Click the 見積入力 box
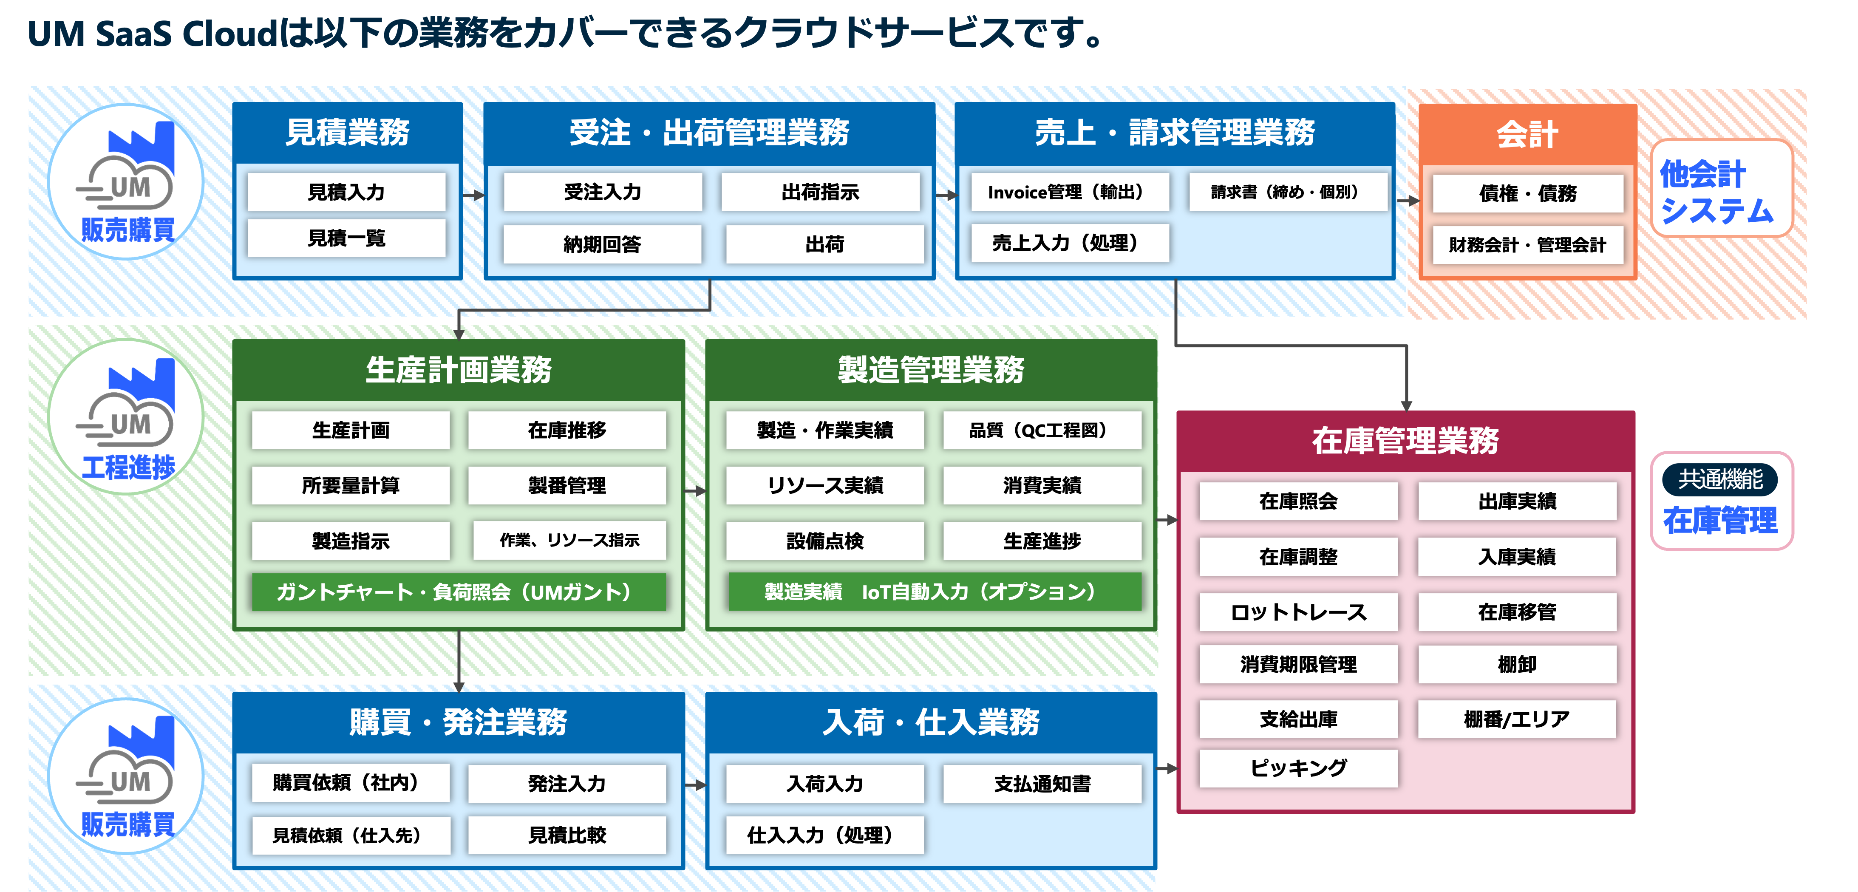346,192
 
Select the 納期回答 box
602,244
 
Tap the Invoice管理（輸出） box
1070,192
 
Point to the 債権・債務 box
1528,193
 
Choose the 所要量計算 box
351,485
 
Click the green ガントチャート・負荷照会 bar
459,592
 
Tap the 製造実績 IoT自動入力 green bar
935,592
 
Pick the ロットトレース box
1298,612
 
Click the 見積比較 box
567,835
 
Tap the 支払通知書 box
1042,784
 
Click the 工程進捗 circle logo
126,417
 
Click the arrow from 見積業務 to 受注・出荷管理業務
473,195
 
